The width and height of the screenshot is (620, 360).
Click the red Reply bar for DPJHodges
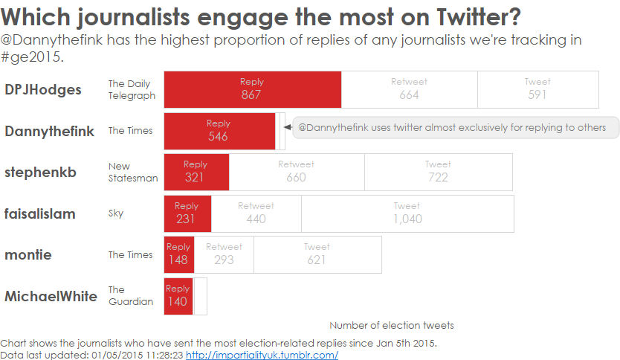tap(252, 89)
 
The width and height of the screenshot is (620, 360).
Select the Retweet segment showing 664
tap(409, 89)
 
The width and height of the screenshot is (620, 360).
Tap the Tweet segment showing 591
tap(537, 89)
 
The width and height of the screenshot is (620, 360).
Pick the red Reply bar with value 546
tap(219, 131)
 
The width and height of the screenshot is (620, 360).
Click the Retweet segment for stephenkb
tap(296, 172)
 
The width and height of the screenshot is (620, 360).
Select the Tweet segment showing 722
tap(438, 172)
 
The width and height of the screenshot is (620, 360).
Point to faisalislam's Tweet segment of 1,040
tap(407, 213)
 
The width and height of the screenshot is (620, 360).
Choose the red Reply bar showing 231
tap(187, 213)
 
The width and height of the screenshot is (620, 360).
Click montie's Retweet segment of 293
tap(224, 254)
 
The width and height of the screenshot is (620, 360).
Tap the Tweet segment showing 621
tap(317, 254)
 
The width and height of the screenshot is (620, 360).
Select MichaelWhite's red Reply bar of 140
tap(178, 296)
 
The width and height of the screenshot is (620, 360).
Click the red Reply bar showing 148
tap(178, 254)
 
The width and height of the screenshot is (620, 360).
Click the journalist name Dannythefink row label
tap(50, 132)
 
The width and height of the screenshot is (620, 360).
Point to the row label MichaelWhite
tap(51, 296)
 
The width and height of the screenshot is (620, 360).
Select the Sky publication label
tap(116, 213)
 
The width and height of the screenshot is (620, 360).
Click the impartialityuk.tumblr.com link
tap(262, 355)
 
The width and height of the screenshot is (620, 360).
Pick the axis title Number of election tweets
tap(392, 325)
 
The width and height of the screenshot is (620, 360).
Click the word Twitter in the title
tap(476, 16)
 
